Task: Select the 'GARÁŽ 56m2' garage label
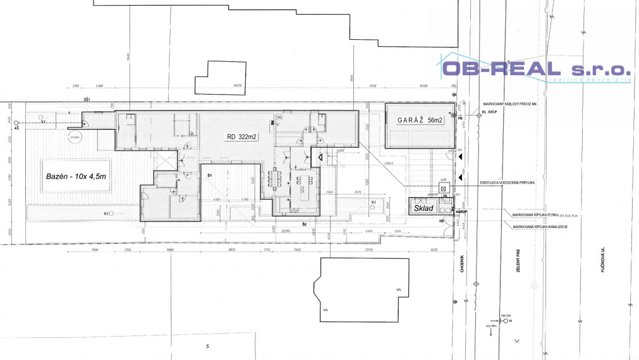coord(420,119)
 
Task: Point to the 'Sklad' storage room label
coord(423,207)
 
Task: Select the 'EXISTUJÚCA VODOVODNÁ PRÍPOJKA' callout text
coord(508,182)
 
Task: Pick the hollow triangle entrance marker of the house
coord(321,155)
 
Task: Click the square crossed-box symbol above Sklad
coord(444,188)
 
